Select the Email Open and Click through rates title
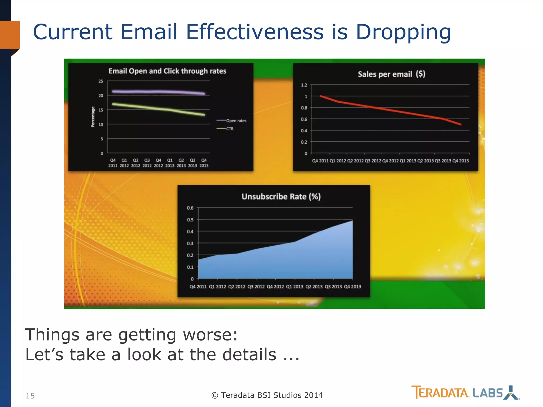click(167, 71)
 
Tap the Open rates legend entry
click(236, 121)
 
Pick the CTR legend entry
click(230, 129)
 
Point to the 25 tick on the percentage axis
click(101, 81)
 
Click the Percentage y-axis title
click(93, 117)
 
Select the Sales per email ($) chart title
click(391, 74)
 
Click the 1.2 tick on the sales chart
click(304, 85)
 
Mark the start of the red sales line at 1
click(321, 96)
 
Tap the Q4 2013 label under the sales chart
click(461, 161)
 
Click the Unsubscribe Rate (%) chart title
click(281, 197)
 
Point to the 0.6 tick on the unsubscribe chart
click(190, 208)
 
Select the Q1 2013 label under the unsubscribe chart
click(295, 287)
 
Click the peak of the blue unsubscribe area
click(352, 221)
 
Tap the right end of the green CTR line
click(204, 115)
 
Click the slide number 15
click(30, 396)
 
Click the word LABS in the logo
click(488, 393)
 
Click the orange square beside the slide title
click(10, 35)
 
